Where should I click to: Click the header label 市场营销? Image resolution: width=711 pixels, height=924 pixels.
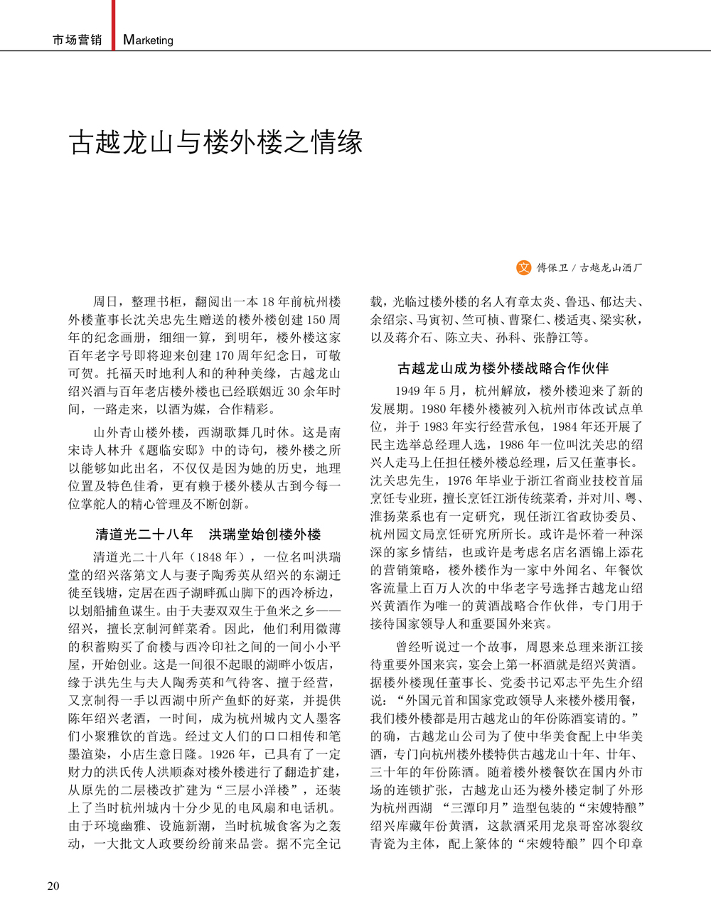tap(77, 41)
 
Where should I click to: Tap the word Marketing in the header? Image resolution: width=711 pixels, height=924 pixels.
tap(148, 41)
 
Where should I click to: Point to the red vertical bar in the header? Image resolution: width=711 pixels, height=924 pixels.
tap(113, 25)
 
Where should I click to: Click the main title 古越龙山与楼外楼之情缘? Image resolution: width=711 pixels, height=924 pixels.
tap(216, 142)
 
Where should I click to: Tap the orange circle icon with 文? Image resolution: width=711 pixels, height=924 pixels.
tap(523, 267)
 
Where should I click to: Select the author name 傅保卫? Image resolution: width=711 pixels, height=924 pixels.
tap(552, 268)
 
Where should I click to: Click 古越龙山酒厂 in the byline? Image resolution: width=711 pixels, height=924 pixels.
tap(611, 268)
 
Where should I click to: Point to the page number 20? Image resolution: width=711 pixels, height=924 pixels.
tap(53, 886)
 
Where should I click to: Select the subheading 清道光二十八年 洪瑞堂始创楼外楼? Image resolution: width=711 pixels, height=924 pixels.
tap(208, 534)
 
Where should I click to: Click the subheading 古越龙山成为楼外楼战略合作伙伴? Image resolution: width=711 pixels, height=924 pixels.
tap(503, 368)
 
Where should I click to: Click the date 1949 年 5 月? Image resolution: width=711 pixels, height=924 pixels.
tap(428, 391)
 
